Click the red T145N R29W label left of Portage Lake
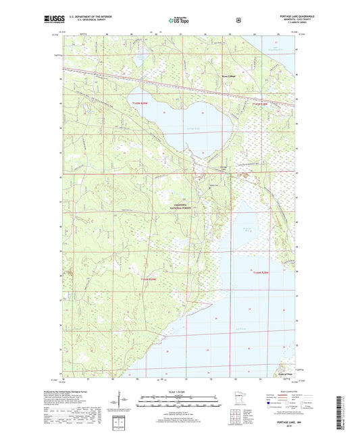click(x=138, y=103)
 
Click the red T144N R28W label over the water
click(x=260, y=273)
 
